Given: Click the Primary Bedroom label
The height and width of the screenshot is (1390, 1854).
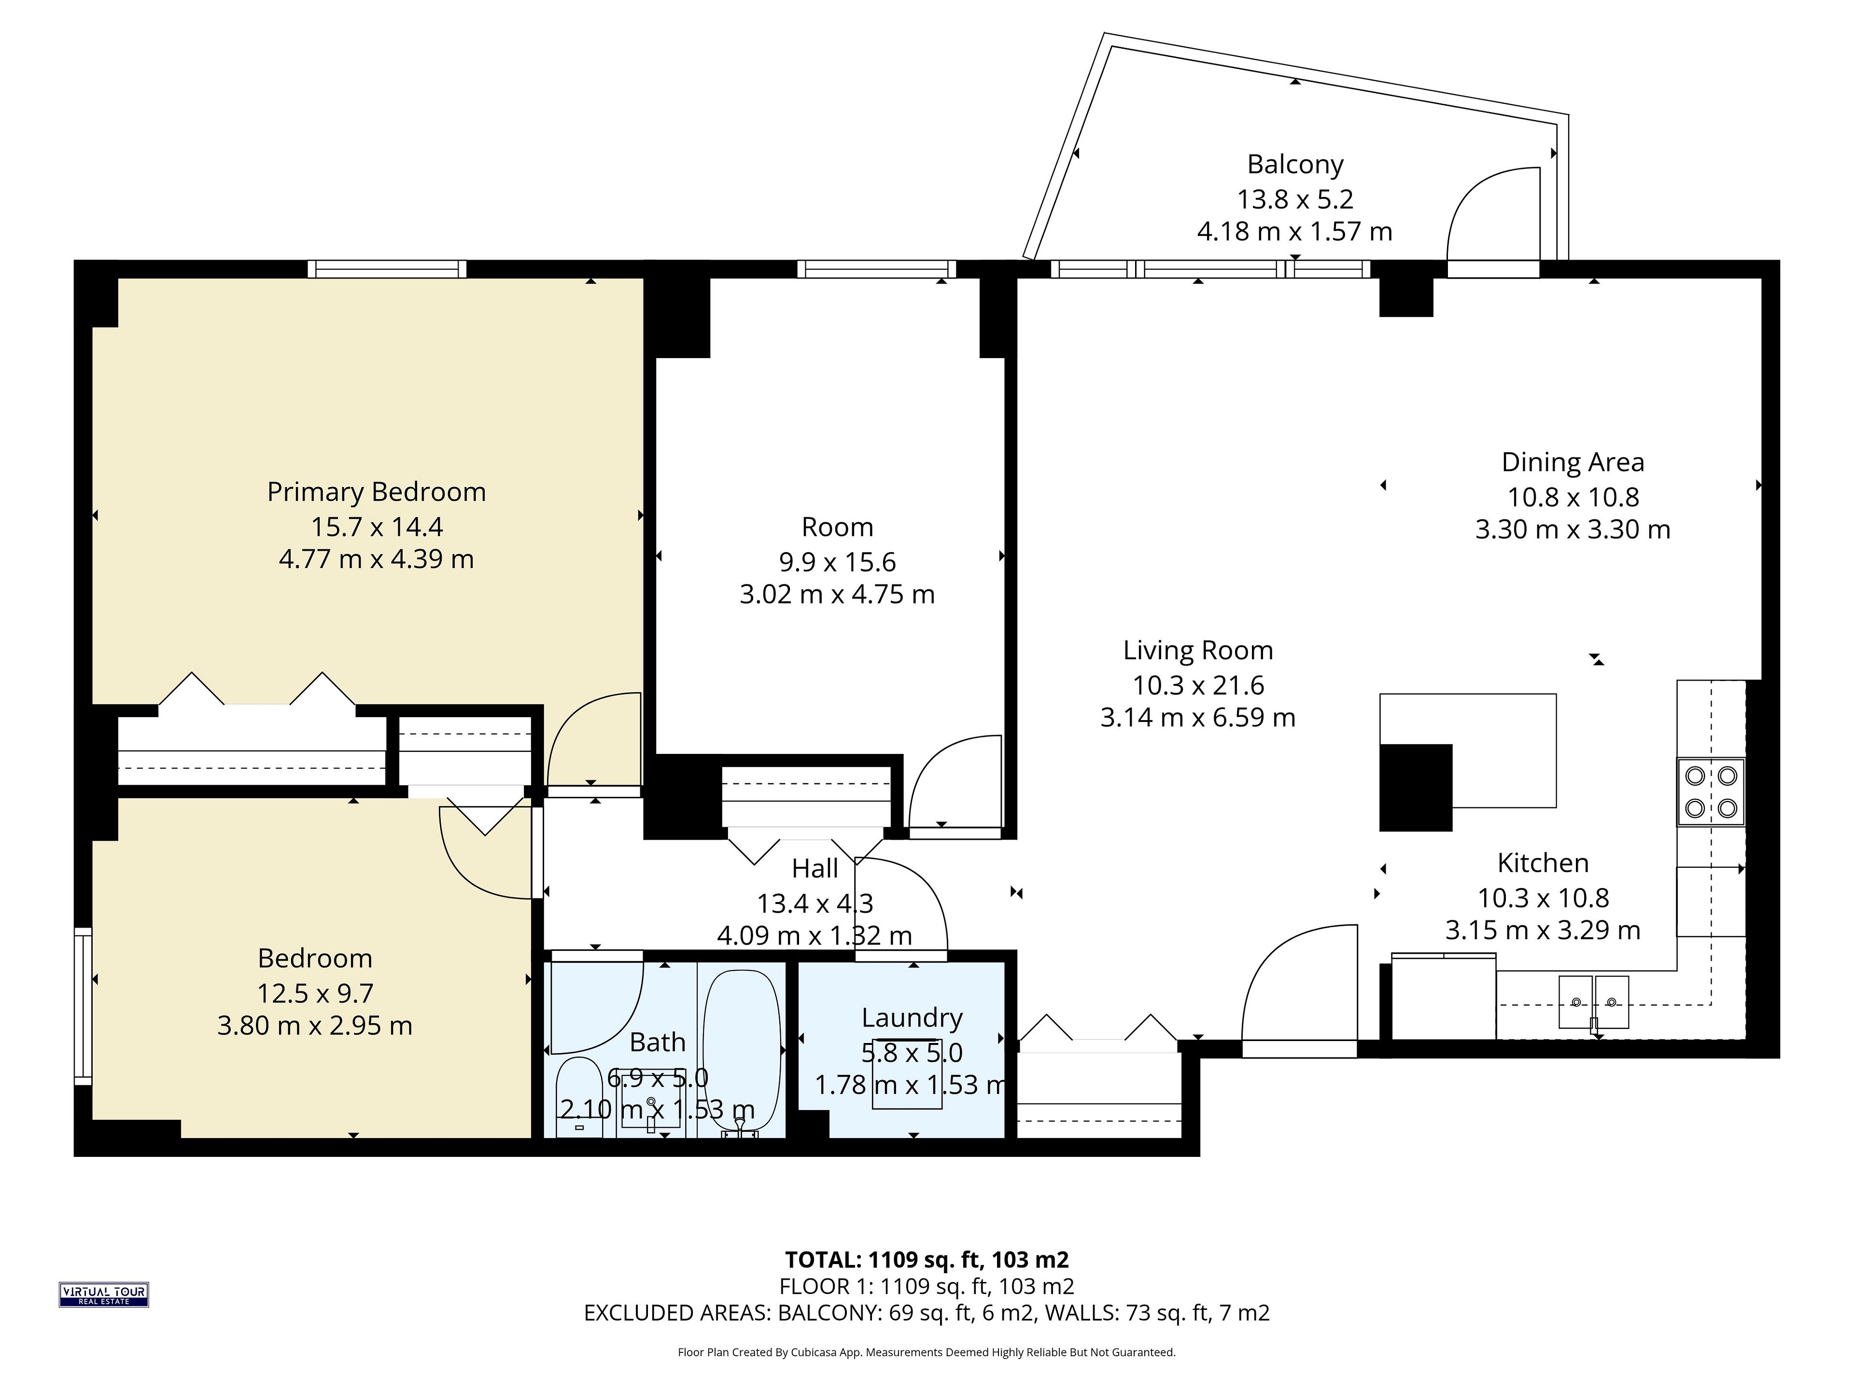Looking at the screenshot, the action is [376, 492].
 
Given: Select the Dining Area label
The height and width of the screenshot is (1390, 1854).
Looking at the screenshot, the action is [1573, 462].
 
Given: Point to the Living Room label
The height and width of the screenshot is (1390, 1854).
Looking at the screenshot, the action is [1198, 650].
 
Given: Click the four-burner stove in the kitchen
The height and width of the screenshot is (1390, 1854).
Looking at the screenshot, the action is [1711, 792].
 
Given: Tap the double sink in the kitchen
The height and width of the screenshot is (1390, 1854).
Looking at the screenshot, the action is [1593, 1001].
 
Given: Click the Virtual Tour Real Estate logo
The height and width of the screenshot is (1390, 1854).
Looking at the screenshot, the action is [103, 1294].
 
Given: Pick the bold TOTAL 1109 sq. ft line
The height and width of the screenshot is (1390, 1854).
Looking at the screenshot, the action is [926, 1259].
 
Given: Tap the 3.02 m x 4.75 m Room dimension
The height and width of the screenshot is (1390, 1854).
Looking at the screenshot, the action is [837, 594].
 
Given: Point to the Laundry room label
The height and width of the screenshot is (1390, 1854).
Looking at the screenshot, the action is [912, 1018].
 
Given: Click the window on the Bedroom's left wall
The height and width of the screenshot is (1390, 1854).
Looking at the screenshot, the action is [83, 1005].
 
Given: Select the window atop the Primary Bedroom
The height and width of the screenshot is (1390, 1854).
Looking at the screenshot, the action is [386, 269].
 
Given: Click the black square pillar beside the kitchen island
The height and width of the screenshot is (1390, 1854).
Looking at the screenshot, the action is [1416, 788].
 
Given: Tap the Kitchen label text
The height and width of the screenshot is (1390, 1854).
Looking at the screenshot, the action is [1543, 863].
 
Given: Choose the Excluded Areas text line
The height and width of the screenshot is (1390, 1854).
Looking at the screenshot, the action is [926, 1312].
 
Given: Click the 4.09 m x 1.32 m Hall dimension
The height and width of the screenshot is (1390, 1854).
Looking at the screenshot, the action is [815, 935].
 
